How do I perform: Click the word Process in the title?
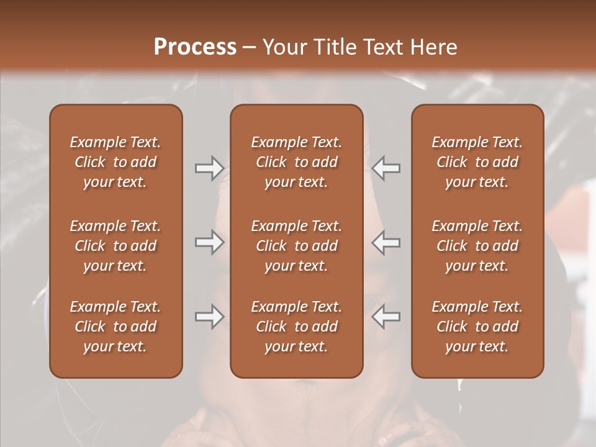195,47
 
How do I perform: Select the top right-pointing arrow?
209,168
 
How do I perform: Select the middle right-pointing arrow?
209,242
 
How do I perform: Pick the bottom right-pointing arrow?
209,317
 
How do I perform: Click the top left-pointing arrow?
386,168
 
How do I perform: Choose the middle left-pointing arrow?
386,242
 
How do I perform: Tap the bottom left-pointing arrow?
386,317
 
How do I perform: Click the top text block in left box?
115,162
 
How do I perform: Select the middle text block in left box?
115,246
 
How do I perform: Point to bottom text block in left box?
115,327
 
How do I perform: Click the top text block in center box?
297,162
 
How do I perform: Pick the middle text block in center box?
297,246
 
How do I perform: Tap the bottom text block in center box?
297,327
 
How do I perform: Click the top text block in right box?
477,162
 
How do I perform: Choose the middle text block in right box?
477,246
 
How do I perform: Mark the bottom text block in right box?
477,327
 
